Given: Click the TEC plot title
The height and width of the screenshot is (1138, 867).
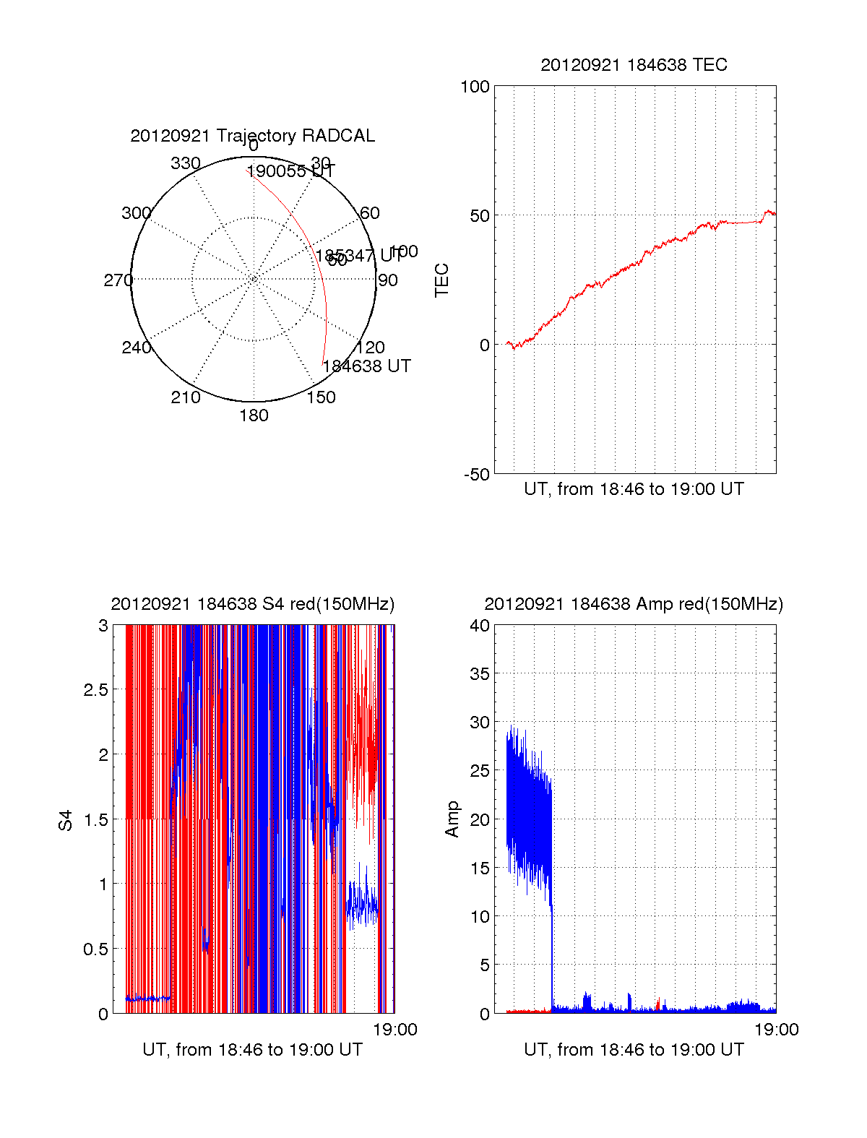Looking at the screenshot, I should coord(634,65).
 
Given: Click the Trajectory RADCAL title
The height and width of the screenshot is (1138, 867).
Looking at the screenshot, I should coord(252,136).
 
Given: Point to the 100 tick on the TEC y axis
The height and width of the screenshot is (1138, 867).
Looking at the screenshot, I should coord(475,87).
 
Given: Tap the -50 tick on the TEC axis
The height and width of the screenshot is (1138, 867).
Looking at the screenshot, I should coord(476,475).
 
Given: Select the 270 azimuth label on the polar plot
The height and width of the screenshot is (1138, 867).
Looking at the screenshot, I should coord(118,280).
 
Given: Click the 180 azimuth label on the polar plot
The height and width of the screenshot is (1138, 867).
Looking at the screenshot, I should coord(254,415).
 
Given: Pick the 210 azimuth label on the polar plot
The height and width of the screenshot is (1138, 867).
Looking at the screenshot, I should coord(185,397).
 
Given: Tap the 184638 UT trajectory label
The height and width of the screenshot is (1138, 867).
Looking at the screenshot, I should coord(366,366).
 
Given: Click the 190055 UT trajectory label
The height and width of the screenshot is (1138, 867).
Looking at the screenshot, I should coord(290,172).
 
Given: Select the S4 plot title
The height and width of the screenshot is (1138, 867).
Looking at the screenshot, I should coord(252,604).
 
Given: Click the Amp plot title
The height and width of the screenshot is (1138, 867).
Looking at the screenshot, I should coord(634,604).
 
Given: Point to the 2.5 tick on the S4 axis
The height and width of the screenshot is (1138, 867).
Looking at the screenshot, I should coord(95,690).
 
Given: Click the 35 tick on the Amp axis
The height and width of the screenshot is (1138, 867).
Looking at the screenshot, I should coord(480,674).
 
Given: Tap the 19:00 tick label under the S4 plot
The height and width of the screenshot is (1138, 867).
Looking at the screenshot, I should coord(394,1030).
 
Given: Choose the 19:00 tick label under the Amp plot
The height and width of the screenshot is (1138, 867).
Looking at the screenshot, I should coord(776,1030).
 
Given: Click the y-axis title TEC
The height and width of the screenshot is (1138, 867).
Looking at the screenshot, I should coord(441,280).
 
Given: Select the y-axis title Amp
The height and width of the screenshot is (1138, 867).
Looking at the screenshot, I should coord(452,819).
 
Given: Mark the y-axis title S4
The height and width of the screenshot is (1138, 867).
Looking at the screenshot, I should coord(66,820).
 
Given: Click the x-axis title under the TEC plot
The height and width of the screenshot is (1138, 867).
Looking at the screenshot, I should coord(634,489).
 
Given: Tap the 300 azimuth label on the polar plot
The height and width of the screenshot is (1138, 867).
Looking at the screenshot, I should coord(136,213).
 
